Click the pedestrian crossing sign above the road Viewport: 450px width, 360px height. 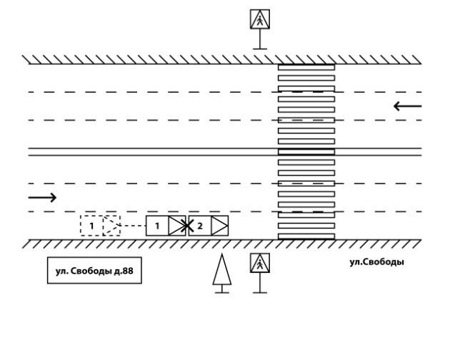pos(260,19)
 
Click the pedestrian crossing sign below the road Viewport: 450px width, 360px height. pos(260,263)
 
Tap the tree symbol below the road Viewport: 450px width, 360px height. pos(222,271)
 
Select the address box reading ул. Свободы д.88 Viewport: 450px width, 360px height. pos(94,271)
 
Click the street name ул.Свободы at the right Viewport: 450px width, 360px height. pos(376,262)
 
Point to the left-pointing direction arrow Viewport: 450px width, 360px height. pos(407,106)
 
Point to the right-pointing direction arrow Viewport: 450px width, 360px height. pos(42,197)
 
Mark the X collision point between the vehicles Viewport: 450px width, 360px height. pos(186,226)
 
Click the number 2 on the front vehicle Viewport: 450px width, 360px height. pos(200,226)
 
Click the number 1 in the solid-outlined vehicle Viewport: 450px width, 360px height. pos(157,226)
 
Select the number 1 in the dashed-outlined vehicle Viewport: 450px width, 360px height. pos(91,226)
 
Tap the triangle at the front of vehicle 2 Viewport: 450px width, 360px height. pos(219,226)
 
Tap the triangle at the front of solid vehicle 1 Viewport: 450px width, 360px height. pos(176,226)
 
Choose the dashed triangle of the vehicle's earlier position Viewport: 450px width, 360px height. pos(112,226)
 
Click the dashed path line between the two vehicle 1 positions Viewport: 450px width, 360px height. pos(134,226)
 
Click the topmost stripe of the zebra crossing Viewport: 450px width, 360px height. pos(306,66)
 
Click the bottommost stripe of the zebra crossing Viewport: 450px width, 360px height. pos(306,236)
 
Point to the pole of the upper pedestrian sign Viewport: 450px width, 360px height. pos(260,39)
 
